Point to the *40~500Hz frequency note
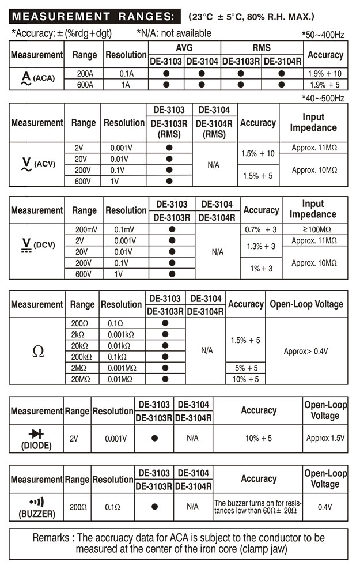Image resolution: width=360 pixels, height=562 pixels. pos(323,98)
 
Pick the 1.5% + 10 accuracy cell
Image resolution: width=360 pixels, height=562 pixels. pos(258,154)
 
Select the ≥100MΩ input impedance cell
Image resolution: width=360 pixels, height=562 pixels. pos(312,229)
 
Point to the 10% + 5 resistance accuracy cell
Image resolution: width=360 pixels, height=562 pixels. pos(247,379)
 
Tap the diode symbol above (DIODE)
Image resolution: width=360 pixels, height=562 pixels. pos(36,433)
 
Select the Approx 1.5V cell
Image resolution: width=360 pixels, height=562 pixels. pos(325,439)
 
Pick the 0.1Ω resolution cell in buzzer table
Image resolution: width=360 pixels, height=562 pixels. pos(113,507)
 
